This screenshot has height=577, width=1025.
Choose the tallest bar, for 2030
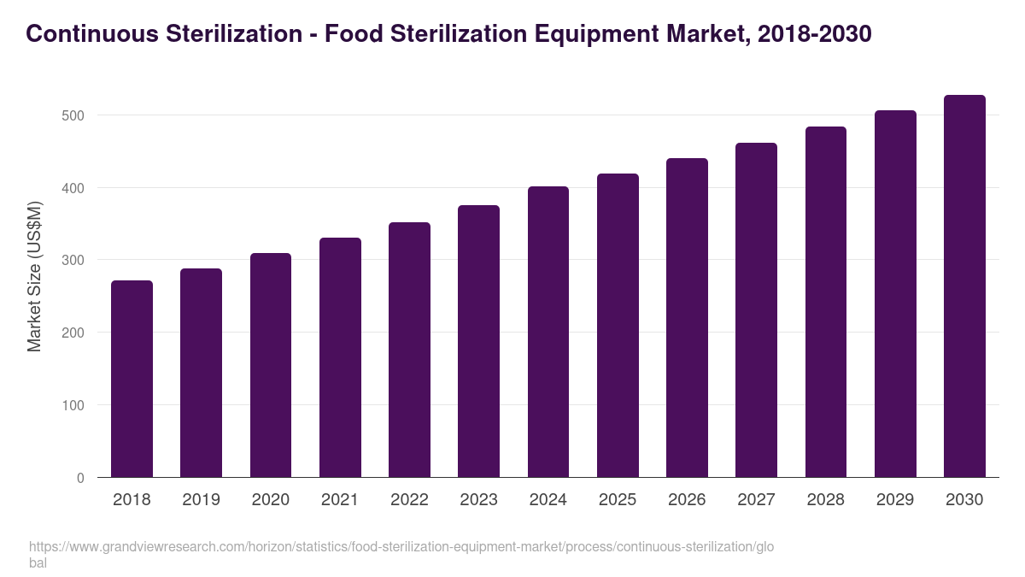[964, 286]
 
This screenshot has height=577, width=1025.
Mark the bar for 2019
[201, 373]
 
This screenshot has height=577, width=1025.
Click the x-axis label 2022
[409, 500]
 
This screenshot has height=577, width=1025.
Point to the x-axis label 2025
[618, 500]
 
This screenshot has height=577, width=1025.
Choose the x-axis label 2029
[895, 500]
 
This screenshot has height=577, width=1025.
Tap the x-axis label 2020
[270, 500]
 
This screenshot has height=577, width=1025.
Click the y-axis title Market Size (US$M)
[34, 275]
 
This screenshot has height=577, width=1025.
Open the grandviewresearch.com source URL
[401, 547]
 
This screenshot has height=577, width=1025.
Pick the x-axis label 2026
[687, 500]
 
